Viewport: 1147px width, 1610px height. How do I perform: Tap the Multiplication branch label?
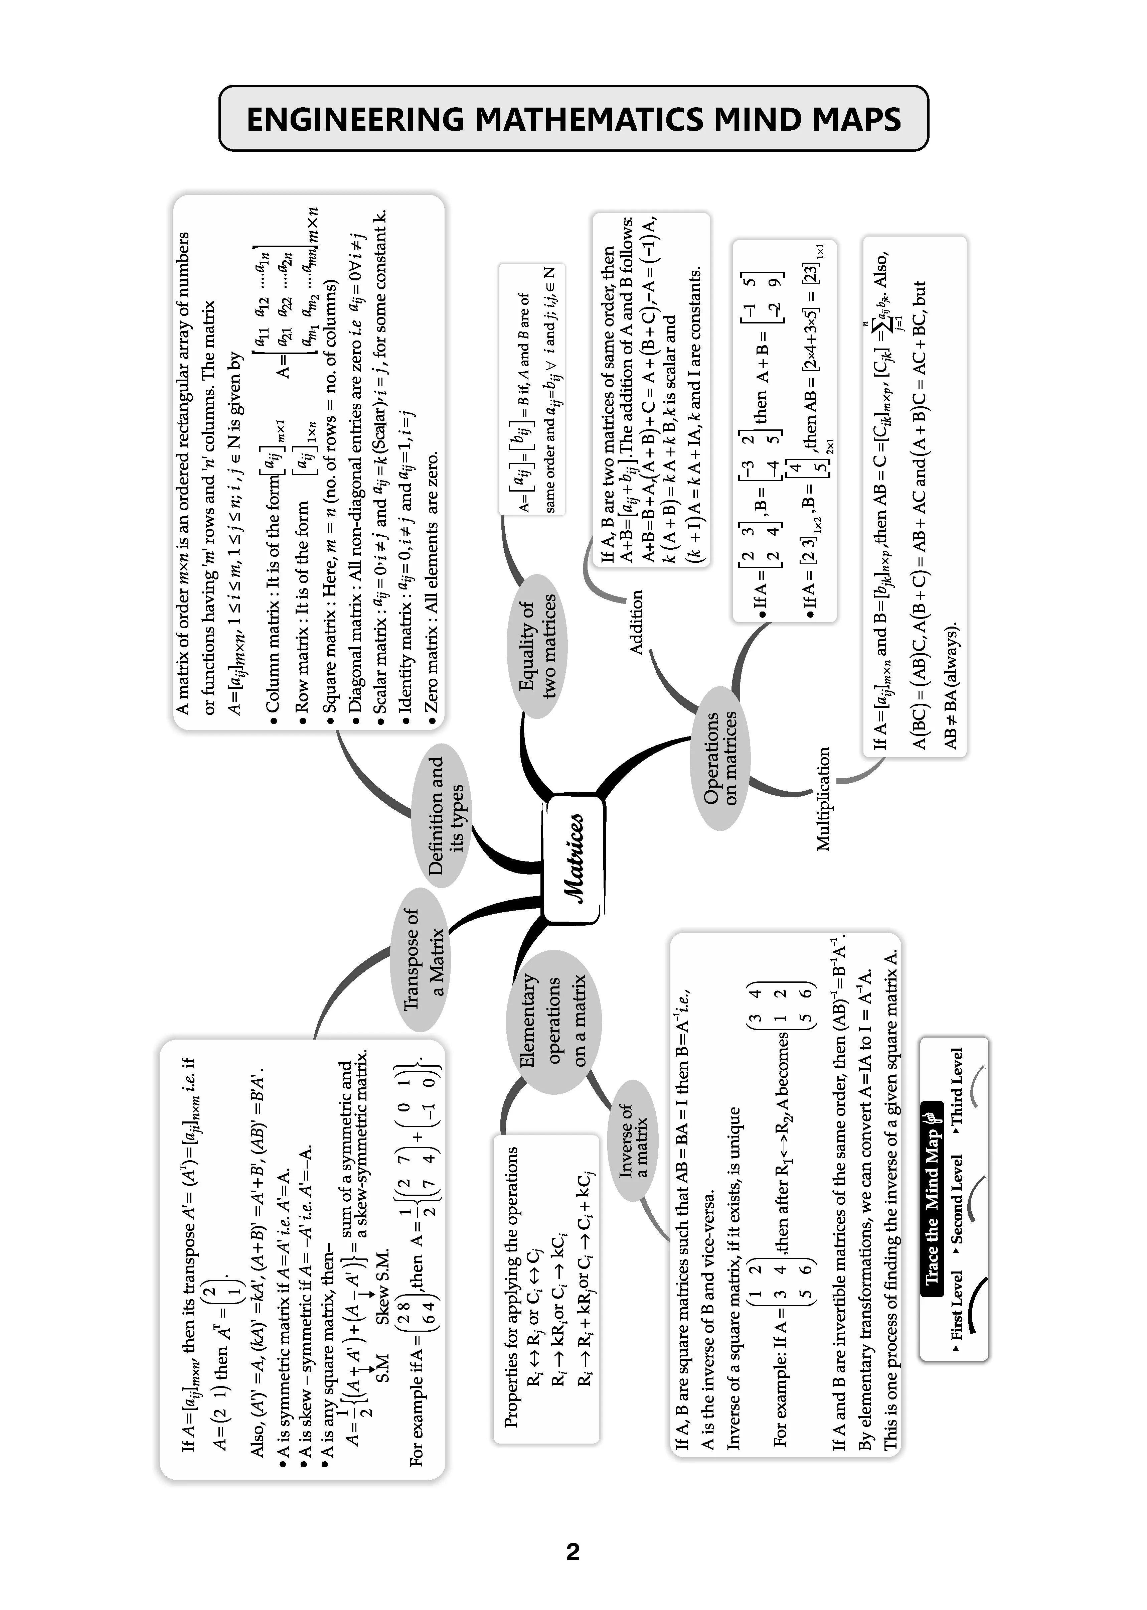click(x=824, y=799)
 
